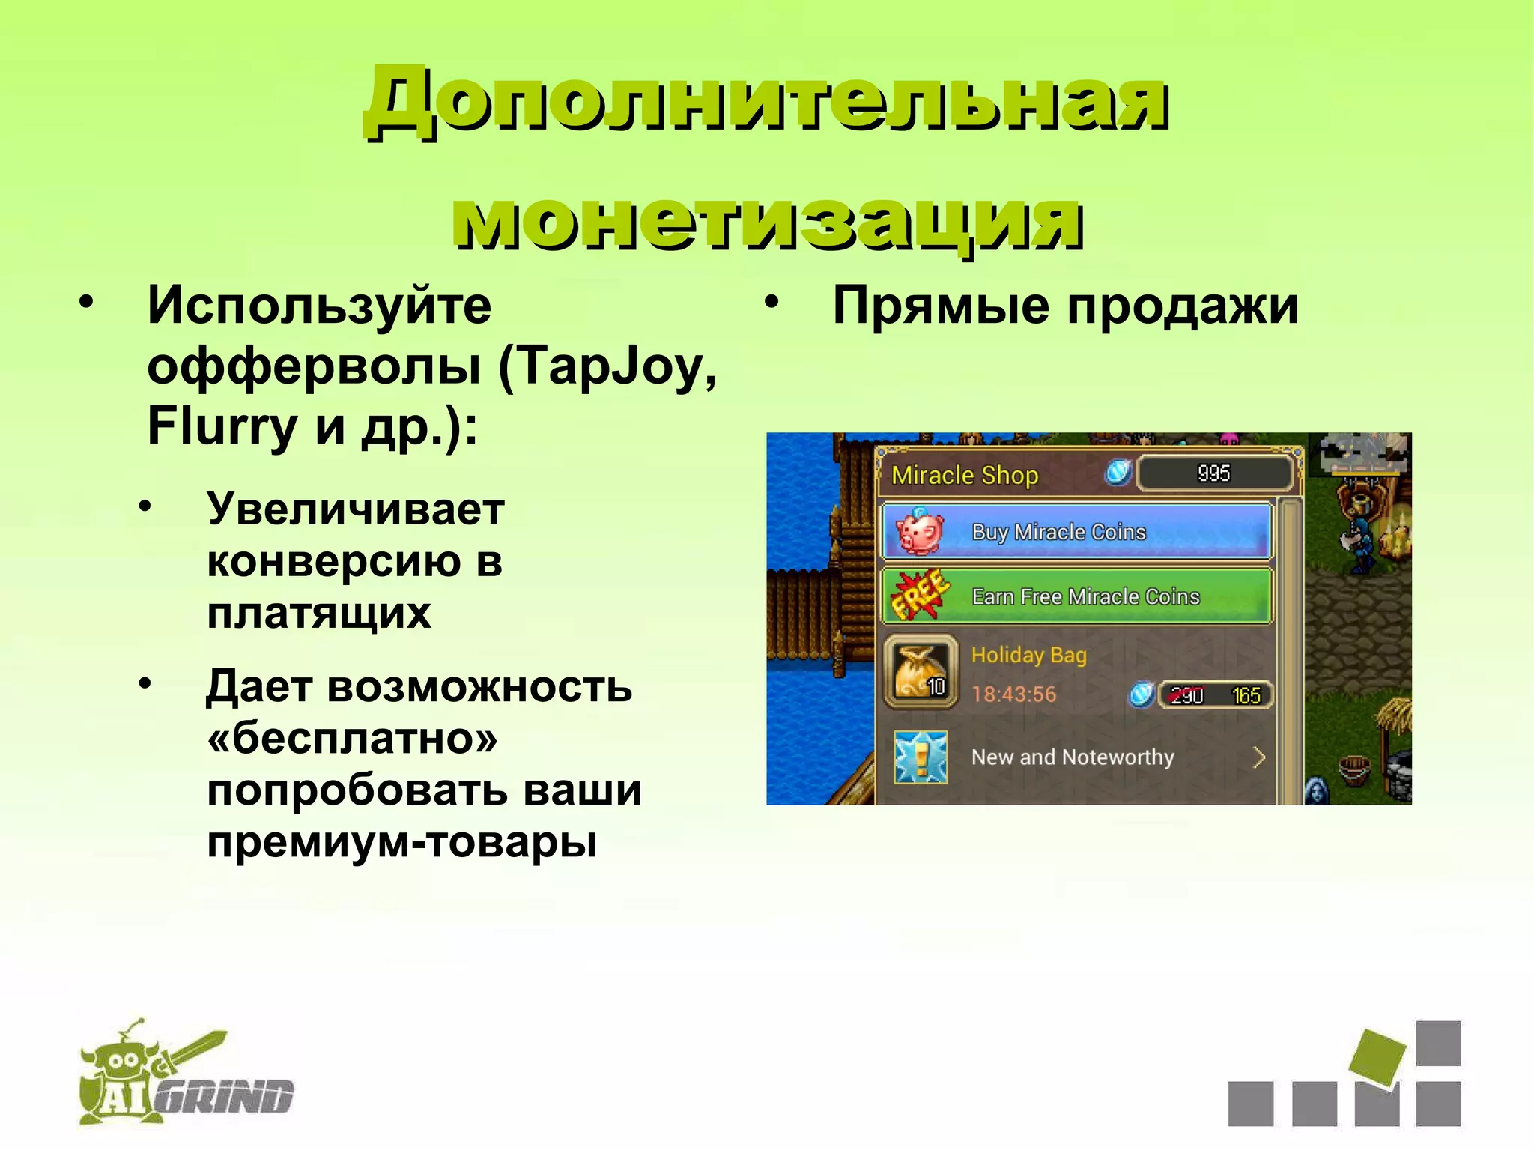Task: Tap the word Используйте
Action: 319,306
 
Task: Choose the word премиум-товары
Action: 402,841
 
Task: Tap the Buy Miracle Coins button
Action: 1076,532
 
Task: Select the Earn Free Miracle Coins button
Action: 1076,596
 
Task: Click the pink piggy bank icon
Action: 919,531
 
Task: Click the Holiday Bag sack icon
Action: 921,671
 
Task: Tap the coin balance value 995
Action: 1213,473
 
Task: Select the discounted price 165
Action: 1246,696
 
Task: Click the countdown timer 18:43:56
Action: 1013,694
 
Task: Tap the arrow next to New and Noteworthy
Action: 1258,757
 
